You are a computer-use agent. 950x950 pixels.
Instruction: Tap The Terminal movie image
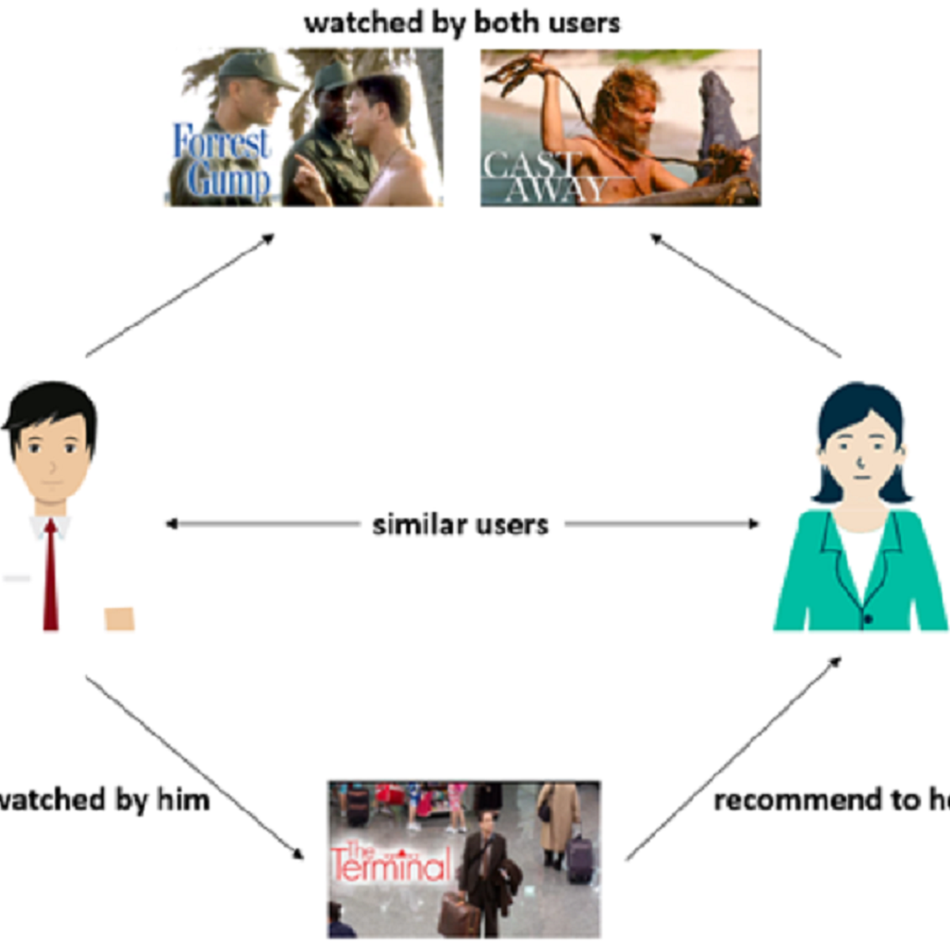[x=464, y=859]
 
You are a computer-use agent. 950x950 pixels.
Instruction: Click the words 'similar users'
[x=460, y=525]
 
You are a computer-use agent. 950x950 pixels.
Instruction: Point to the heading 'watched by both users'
[x=462, y=23]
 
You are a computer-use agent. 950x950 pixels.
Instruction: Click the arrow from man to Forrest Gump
[x=180, y=295]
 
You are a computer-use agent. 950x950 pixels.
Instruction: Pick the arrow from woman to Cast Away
[x=745, y=295]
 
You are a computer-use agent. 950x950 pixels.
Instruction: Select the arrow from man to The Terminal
[x=194, y=766]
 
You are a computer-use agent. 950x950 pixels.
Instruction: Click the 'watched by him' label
[x=104, y=800]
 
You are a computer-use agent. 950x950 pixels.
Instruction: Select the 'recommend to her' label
[x=831, y=800]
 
